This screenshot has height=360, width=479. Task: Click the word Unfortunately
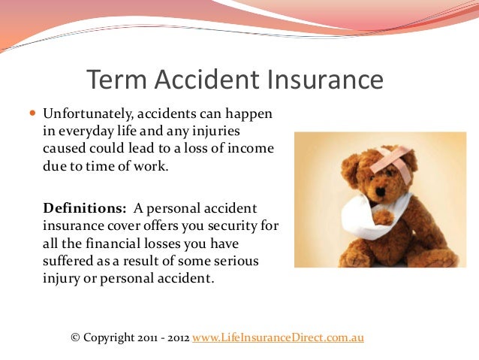(x=83, y=115)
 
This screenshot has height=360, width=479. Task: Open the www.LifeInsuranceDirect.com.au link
(x=278, y=337)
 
